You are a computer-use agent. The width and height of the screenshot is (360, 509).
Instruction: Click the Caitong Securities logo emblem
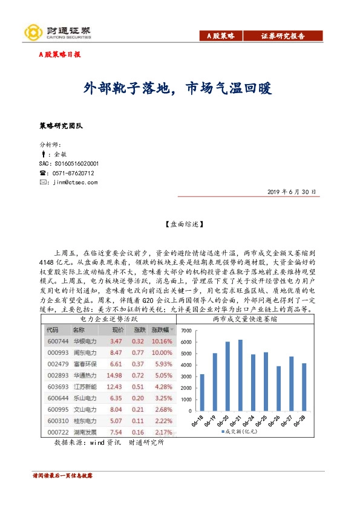click(33, 32)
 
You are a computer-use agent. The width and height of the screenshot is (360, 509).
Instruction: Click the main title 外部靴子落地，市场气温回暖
click(177, 89)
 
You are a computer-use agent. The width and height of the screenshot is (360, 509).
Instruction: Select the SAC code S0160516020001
click(68, 163)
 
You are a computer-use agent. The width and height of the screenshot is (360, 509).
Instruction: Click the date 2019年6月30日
click(292, 192)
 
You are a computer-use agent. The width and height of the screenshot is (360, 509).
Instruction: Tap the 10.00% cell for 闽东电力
click(162, 352)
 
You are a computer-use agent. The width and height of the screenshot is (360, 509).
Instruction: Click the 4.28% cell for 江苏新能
click(163, 386)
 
